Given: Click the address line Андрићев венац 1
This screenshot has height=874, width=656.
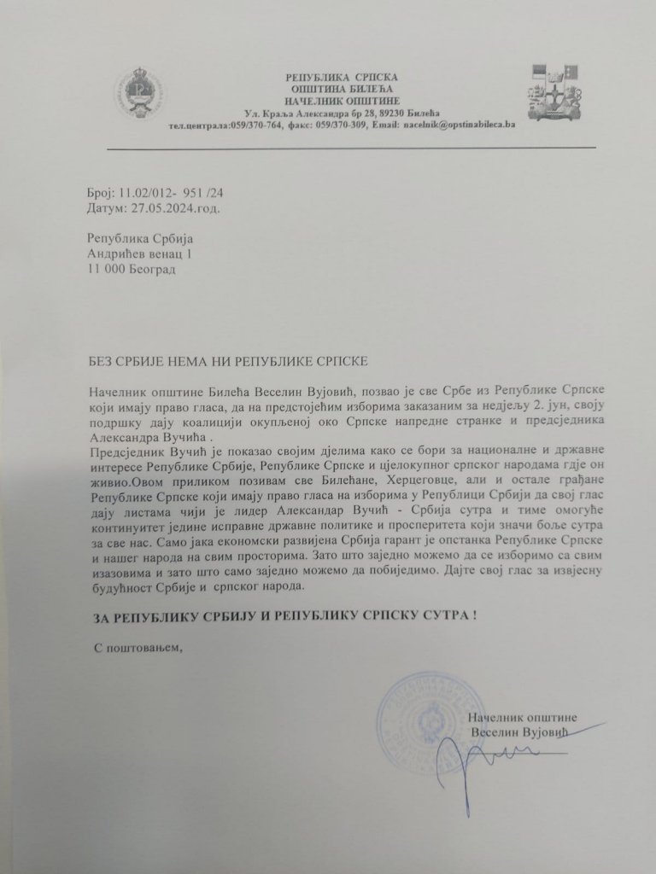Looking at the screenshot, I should [140, 254].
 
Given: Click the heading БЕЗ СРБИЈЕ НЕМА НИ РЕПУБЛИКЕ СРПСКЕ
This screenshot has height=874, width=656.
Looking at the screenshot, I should [227, 362].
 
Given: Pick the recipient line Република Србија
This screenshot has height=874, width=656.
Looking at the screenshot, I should [142, 240].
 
